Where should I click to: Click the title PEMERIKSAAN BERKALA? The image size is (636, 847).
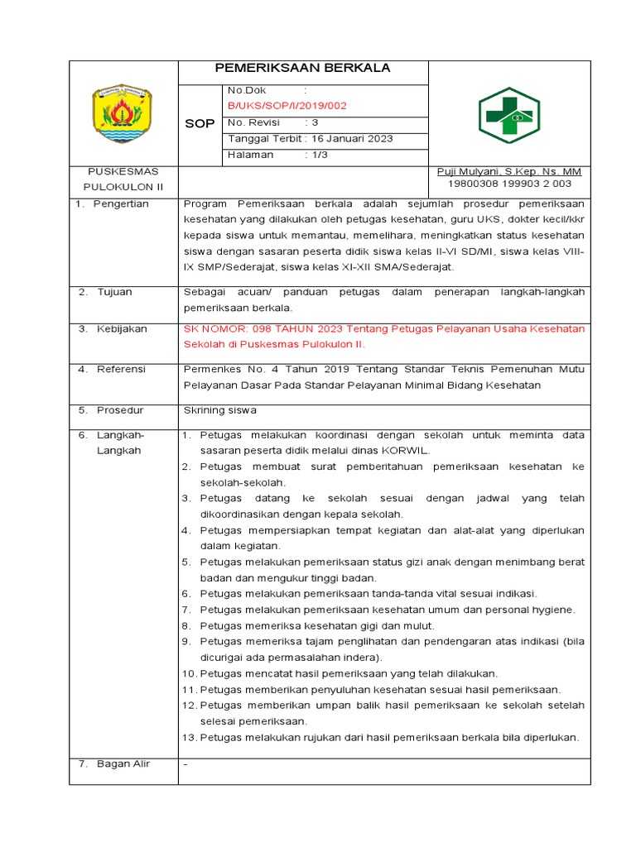[x=302, y=68]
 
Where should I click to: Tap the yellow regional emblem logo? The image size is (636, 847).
[x=123, y=114]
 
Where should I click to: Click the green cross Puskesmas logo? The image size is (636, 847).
[x=508, y=116]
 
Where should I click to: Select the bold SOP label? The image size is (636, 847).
[x=199, y=123]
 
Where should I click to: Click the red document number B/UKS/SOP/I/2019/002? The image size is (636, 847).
[x=287, y=106]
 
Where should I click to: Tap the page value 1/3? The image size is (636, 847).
[x=319, y=155]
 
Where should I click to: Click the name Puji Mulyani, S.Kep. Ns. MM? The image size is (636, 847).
[x=508, y=171]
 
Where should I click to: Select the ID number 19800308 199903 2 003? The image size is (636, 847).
[x=509, y=184]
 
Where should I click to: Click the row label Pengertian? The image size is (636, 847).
[x=121, y=203]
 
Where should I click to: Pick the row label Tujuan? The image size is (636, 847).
[x=114, y=292]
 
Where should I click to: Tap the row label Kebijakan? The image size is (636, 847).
[x=122, y=328]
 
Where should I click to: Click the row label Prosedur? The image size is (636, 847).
[x=120, y=409]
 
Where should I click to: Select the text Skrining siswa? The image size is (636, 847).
[x=219, y=409]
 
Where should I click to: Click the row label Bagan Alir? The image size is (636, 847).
[x=123, y=763]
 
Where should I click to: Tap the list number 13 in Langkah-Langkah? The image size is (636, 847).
[x=189, y=737]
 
